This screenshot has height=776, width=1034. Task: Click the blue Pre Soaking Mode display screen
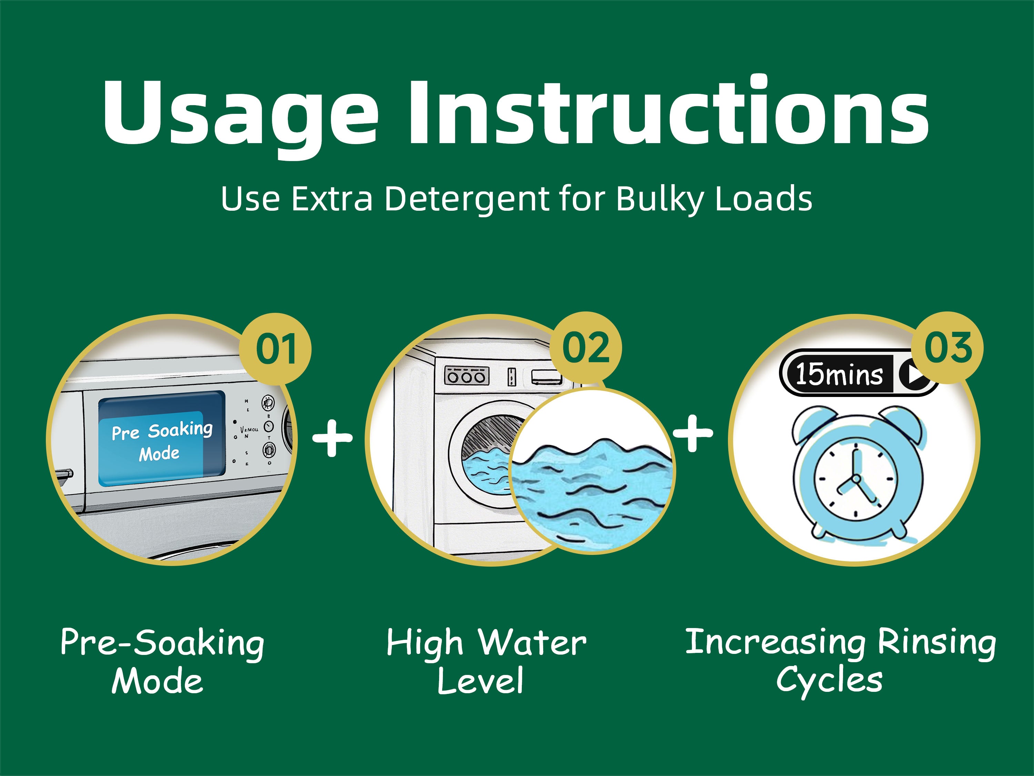point(162,438)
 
